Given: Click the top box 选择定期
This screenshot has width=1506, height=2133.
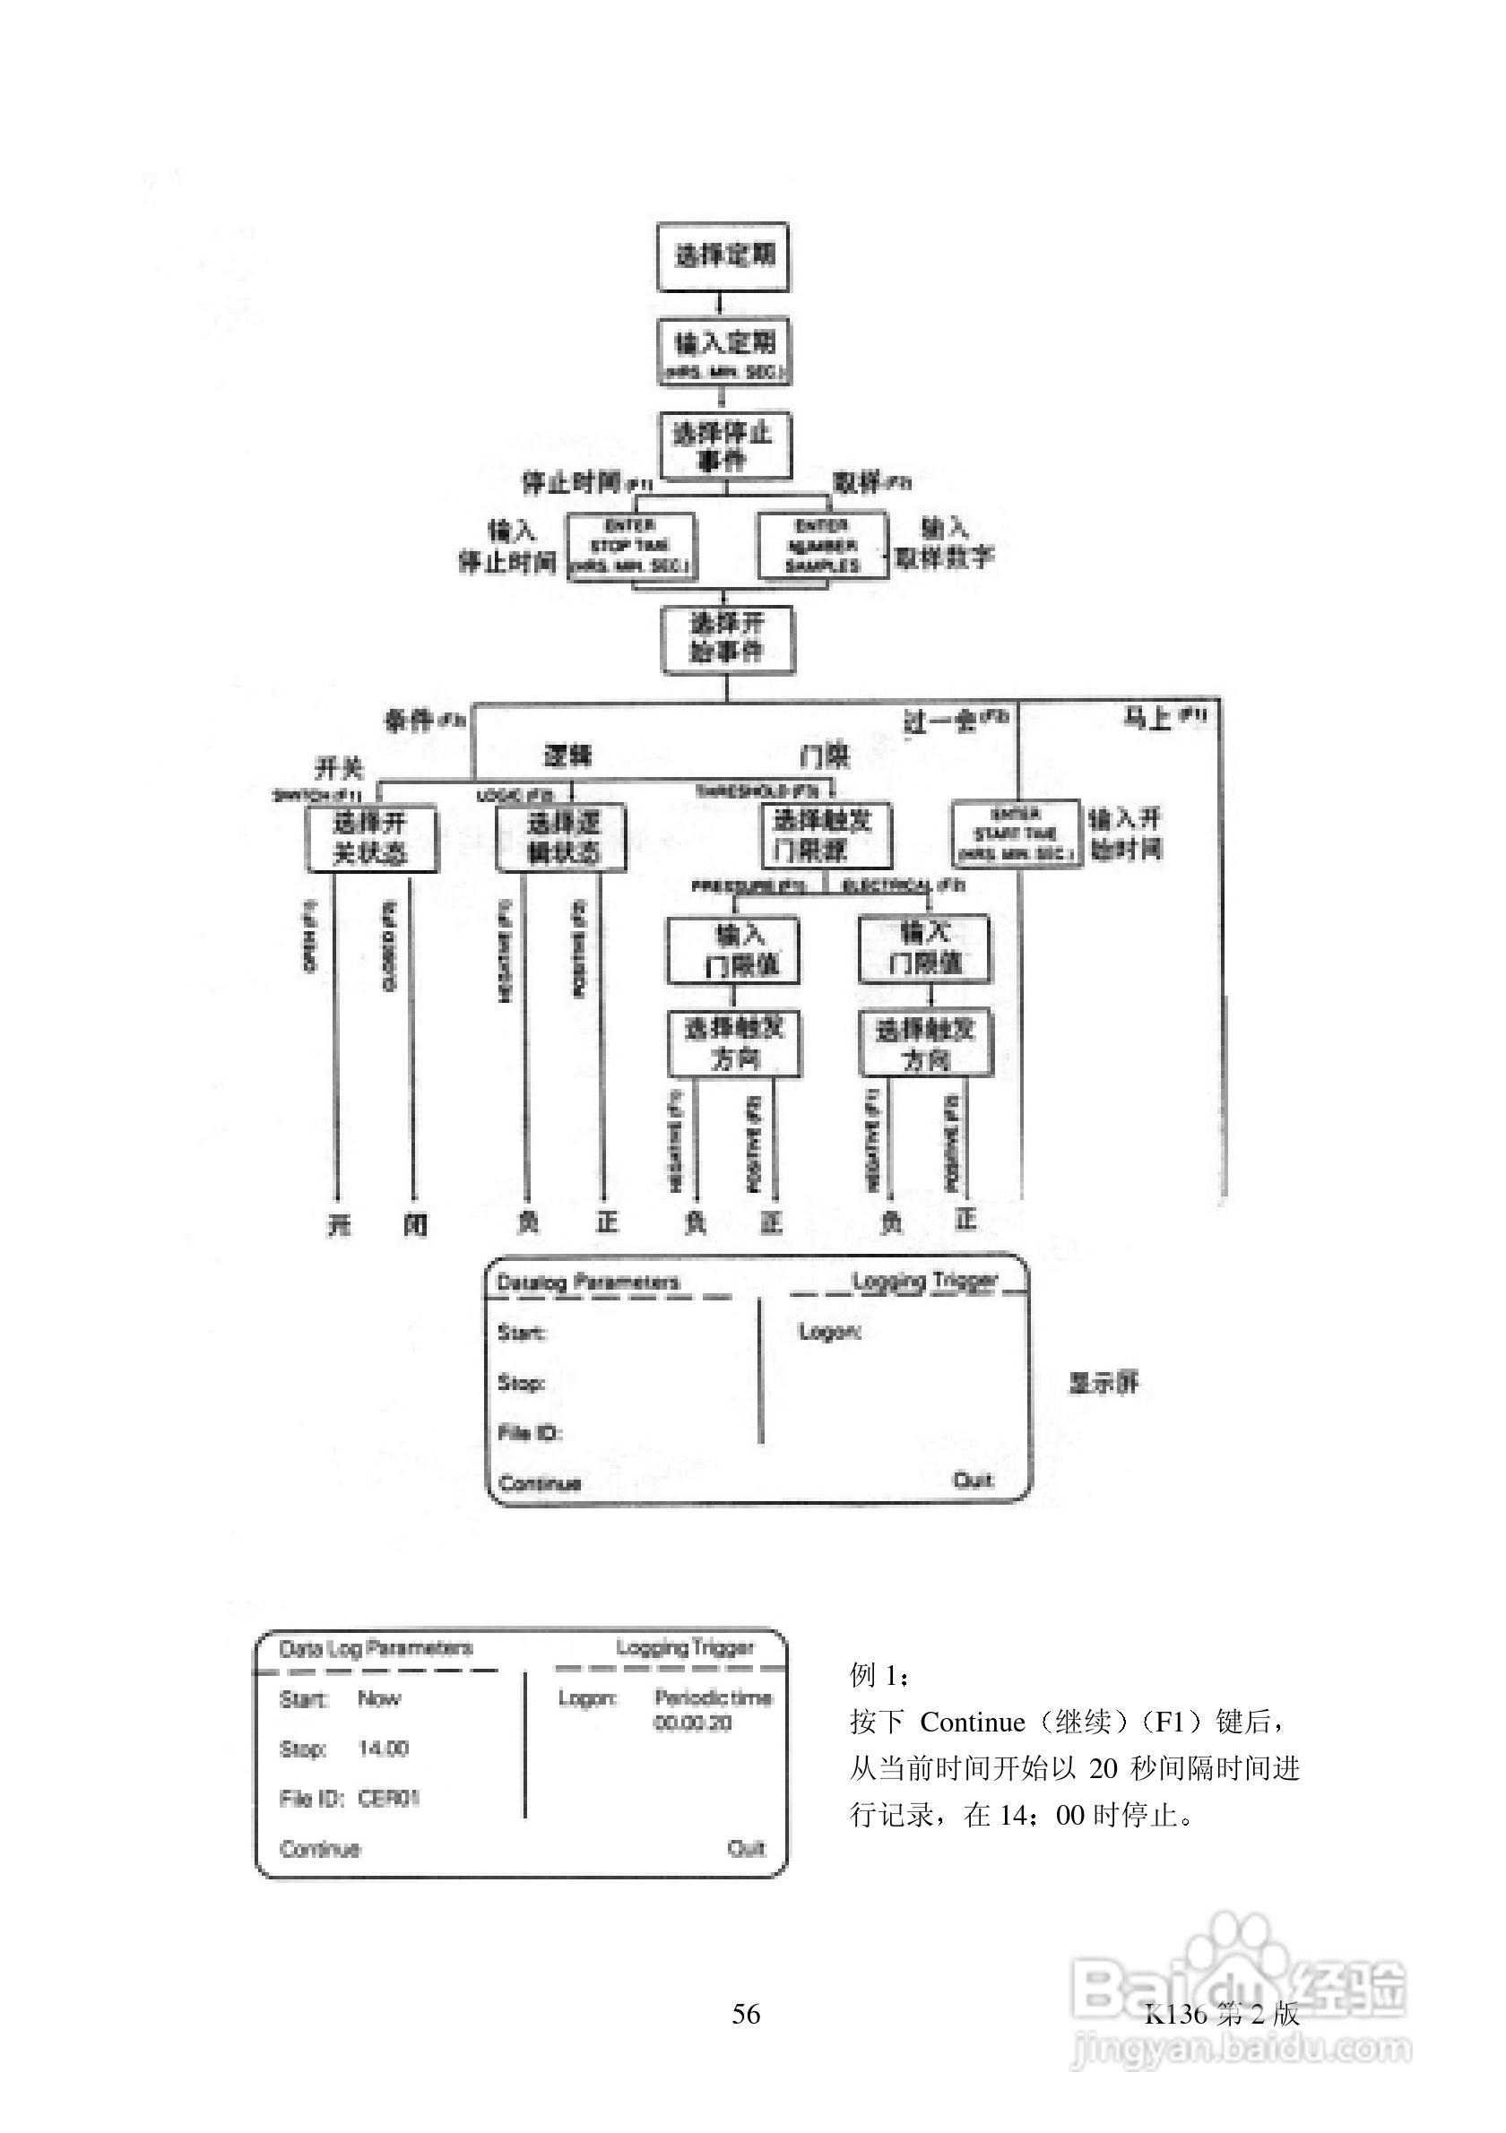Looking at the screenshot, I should [723, 256].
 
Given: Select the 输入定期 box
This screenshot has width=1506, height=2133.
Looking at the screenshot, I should [723, 351].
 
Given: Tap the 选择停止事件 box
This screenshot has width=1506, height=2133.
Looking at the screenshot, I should [724, 446].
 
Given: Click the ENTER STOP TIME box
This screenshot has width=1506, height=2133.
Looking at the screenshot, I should [632, 547].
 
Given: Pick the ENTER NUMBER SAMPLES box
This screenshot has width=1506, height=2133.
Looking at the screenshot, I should [822, 547].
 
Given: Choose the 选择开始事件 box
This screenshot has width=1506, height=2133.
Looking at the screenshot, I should [727, 639].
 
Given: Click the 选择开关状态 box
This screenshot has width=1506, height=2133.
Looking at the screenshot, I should [372, 838].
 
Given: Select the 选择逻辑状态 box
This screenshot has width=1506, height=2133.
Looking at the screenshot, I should [561, 838].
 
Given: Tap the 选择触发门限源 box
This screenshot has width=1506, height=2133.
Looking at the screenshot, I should [825, 834].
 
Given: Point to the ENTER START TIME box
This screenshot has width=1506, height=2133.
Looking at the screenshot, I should [1017, 833].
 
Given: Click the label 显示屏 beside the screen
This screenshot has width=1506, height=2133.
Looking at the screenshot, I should [1104, 1383].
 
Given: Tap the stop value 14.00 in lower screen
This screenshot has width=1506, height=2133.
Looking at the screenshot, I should [384, 1749].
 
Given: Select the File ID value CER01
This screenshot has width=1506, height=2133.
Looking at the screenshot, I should [389, 1799].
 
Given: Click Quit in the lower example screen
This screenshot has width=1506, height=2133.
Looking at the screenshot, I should [746, 1849].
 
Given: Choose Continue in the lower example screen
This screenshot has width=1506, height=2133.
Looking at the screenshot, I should [320, 1849].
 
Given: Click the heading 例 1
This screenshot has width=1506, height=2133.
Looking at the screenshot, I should [878, 1675].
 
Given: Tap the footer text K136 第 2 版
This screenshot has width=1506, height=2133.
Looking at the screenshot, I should [1221, 2013].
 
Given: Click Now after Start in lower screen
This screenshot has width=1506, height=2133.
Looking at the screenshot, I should [379, 1699].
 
